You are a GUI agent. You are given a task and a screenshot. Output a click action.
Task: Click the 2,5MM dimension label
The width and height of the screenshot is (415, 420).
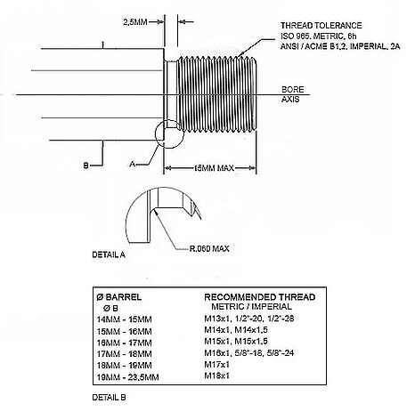coord(135,22)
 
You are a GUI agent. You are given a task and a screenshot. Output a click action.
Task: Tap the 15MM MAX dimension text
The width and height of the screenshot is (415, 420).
coord(214,168)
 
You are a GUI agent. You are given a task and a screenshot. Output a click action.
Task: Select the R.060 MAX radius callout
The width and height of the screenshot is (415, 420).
coord(209,248)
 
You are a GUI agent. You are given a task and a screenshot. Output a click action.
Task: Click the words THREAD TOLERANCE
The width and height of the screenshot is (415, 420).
coord(321,26)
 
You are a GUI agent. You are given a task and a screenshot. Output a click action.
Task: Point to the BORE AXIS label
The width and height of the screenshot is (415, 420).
coord(293,94)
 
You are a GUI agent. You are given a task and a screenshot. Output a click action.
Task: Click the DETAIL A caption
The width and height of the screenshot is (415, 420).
coord(109,254)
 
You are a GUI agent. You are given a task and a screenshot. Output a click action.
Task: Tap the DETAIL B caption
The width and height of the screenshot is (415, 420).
coord(109,398)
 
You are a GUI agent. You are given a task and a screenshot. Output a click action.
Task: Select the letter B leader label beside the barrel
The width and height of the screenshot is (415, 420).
coord(85,166)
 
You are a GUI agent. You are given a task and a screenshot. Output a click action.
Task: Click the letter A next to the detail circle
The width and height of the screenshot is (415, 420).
coord(133,164)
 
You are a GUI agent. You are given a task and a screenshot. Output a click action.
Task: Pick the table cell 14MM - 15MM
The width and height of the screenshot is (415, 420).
coord(125,319)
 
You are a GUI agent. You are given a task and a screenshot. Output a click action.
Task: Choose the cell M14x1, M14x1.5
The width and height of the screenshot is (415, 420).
coord(236,330)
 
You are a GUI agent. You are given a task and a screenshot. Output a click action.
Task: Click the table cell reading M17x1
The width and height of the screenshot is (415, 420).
coord(216,364)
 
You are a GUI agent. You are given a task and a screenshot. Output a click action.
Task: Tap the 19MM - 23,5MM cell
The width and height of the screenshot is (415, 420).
coord(128,377)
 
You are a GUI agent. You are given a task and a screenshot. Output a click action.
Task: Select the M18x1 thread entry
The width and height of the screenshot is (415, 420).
coord(216,376)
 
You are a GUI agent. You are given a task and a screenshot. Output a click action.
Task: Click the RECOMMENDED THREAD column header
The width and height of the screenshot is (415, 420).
coord(260,297)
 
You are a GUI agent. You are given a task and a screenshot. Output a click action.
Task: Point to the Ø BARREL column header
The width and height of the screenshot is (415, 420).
coord(119,297)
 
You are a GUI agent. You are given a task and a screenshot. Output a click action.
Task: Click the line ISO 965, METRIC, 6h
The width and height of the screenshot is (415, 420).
coord(319,36)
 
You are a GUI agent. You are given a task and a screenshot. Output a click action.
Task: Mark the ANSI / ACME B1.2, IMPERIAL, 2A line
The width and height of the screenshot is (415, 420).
coord(340,46)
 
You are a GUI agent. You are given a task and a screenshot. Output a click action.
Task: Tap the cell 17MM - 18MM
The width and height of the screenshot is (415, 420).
coord(125,354)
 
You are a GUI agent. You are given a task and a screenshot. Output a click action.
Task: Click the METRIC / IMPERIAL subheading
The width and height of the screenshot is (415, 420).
coord(251,307)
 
